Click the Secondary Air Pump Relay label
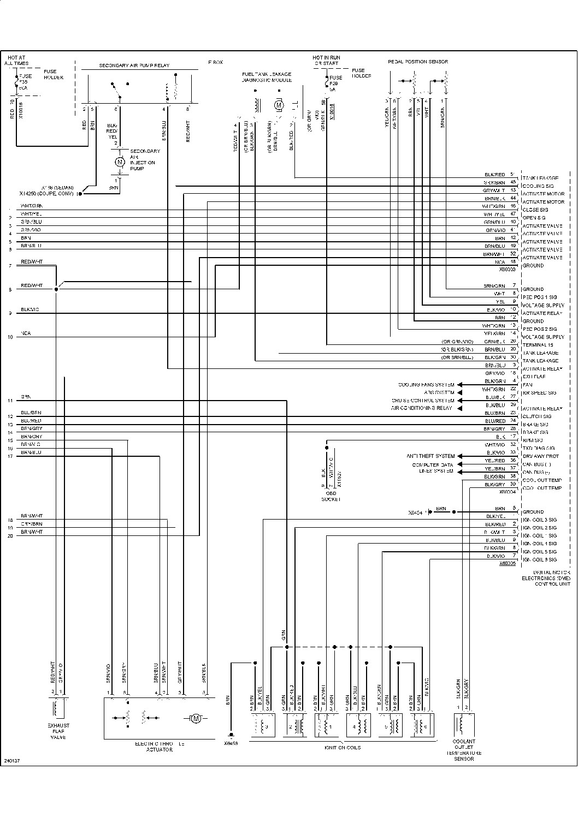pyautogui.click(x=134, y=65)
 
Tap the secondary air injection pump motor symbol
pyautogui.click(x=119, y=162)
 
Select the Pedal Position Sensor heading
pyautogui.click(x=417, y=62)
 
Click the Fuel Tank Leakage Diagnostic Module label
pyautogui.click(x=267, y=77)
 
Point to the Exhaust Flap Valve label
pyautogui.click(x=58, y=731)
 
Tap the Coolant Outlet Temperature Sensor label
pyautogui.click(x=463, y=750)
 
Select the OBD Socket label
pyautogui.click(x=331, y=496)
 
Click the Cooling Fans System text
pyautogui.click(x=426, y=385)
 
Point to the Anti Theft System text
pyautogui.click(x=430, y=456)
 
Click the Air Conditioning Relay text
pyautogui.click(x=421, y=408)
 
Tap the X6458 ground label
pyautogui.click(x=231, y=743)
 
